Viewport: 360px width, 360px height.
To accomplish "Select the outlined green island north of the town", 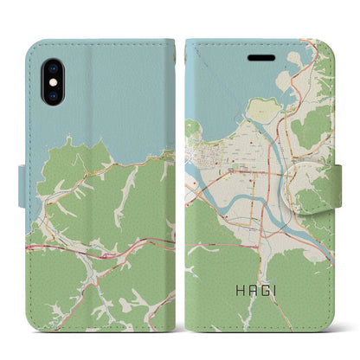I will (x=265, y=110).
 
